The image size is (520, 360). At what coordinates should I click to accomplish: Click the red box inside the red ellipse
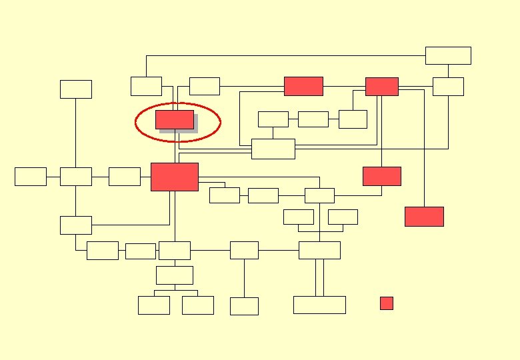(x=174, y=119)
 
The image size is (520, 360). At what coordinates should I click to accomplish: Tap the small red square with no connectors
(x=387, y=303)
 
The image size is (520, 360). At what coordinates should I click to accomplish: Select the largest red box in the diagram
(x=175, y=177)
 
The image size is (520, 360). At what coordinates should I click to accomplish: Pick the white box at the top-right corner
(x=448, y=55)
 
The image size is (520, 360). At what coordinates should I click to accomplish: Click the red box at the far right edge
(x=424, y=217)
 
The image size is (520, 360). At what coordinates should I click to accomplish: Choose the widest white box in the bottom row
(x=319, y=305)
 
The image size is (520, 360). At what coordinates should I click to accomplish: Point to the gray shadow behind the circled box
(x=179, y=131)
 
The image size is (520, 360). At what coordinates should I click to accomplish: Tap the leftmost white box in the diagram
(x=31, y=177)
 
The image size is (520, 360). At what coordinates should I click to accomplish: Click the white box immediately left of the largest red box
(x=125, y=177)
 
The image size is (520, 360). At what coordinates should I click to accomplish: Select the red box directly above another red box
(x=382, y=87)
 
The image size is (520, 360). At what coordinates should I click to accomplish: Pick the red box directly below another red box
(x=382, y=176)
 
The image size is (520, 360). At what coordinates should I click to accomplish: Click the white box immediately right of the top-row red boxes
(x=448, y=87)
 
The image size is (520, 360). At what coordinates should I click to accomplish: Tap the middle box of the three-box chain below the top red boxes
(x=313, y=119)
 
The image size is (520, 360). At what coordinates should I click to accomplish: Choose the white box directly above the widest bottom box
(x=319, y=250)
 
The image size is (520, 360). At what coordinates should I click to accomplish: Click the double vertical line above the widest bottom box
(x=319, y=277)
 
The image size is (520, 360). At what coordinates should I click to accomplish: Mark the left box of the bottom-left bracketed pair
(x=154, y=305)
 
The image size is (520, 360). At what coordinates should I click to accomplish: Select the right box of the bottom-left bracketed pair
(x=198, y=305)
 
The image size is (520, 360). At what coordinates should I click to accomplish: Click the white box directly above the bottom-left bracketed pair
(x=175, y=275)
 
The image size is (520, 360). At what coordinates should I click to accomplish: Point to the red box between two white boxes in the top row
(x=303, y=86)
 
